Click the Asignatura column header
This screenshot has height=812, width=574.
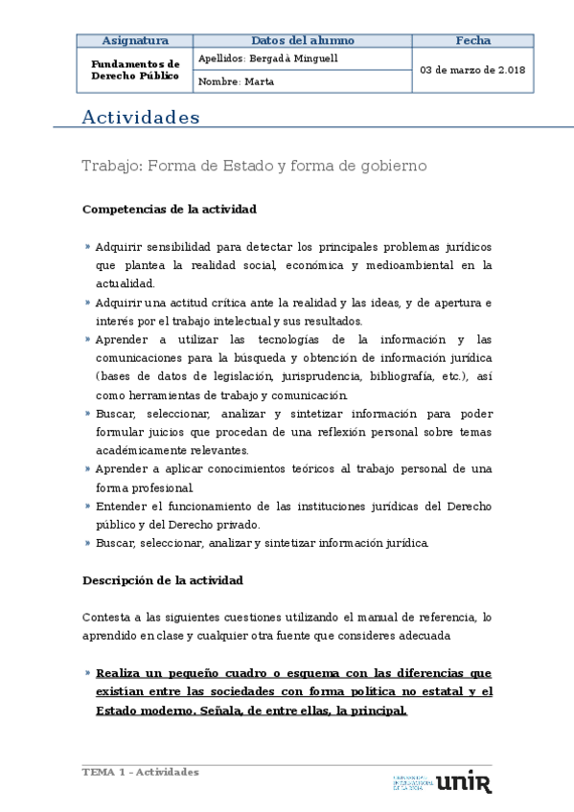tap(135, 41)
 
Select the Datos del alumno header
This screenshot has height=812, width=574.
tap(302, 41)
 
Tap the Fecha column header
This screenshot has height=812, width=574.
tap(472, 41)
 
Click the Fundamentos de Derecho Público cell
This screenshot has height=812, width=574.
tap(135, 70)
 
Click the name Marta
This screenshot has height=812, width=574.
tap(259, 82)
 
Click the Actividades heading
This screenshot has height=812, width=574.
tap(141, 118)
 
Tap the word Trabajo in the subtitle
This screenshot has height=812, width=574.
tap(111, 166)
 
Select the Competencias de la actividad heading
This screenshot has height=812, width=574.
tap(169, 209)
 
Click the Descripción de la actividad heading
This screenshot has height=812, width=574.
tap(162, 580)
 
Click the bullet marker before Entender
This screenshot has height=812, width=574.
tap(88, 505)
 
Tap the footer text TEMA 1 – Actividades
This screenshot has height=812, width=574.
tap(140, 772)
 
